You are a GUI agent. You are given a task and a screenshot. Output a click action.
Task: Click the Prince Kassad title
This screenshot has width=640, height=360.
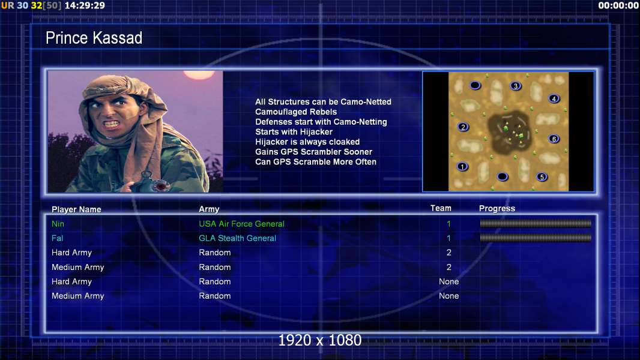click(x=94, y=38)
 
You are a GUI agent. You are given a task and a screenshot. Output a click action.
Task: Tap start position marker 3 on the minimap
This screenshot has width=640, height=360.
click(x=516, y=86)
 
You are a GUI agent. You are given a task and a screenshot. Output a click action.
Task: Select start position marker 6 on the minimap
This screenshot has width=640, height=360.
click(x=554, y=139)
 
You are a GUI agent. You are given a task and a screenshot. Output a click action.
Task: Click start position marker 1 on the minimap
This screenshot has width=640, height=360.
click(x=462, y=166)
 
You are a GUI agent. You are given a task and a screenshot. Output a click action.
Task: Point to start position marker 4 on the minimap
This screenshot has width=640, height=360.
click(x=554, y=98)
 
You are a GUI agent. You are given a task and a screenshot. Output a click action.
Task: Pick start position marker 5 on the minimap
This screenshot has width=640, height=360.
click(x=542, y=176)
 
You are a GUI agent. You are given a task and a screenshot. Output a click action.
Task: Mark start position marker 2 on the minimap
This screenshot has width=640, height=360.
click(x=463, y=127)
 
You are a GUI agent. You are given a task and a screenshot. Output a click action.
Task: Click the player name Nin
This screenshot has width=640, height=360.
click(x=58, y=224)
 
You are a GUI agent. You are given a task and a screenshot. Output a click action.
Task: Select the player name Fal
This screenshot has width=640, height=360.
click(x=57, y=238)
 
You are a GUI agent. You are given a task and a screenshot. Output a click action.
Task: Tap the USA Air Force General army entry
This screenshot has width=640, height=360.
click(x=241, y=224)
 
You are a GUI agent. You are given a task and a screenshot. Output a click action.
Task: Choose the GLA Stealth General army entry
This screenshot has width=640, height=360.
click(x=238, y=238)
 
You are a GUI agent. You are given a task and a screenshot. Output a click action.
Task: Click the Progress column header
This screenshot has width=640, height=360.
click(x=497, y=208)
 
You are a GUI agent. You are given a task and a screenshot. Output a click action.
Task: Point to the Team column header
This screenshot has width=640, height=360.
click(x=441, y=208)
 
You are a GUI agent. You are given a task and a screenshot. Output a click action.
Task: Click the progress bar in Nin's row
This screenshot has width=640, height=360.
click(x=536, y=223)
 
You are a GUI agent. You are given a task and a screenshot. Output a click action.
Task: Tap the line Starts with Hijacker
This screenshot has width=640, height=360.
click(x=294, y=131)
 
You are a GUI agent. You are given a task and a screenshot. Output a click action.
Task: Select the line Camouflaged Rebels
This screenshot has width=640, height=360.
click(x=296, y=112)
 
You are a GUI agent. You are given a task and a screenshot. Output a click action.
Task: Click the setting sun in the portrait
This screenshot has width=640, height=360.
click(x=199, y=74)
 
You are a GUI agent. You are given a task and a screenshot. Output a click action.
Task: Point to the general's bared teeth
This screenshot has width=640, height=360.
click(x=111, y=124)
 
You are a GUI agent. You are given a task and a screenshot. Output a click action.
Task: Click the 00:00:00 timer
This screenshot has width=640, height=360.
click(x=618, y=5)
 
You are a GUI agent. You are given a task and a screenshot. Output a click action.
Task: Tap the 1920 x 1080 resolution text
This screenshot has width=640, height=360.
click(x=320, y=340)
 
